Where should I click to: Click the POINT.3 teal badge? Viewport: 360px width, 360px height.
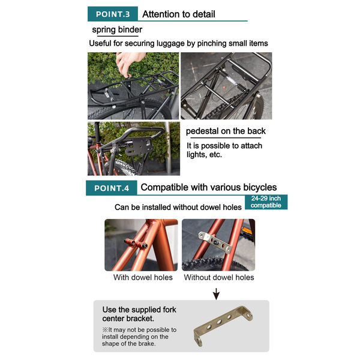pyautogui.click(x=113, y=14)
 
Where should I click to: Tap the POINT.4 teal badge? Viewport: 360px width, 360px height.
pyautogui.click(x=112, y=188)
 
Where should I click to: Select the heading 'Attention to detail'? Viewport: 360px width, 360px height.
pyautogui.click(x=179, y=14)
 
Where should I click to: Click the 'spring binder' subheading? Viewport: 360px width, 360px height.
pyautogui.click(x=117, y=30)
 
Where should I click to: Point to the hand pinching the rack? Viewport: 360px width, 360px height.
pyautogui.click(x=128, y=64)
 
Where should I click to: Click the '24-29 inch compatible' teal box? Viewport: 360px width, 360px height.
pyautogui.click(x=266, y=202)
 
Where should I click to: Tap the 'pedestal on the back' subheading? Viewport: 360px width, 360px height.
pyautogui.click(x=226, y=131)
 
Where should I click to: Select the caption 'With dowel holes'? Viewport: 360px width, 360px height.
pyautogui.click(x=143, y=277)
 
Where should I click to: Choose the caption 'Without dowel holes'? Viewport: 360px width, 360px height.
pyautogui.click(x=219, y=277)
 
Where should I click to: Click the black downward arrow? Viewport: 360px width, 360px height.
pyautogui.click(x=216, y=293)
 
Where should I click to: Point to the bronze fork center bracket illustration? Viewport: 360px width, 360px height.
pyautogui.click(x=223, y=326)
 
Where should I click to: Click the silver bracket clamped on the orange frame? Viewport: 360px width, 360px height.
pyautogui.click(x=215, y=242)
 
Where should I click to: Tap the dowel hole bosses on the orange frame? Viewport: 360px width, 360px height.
pyautogui.click(x=136, y=244)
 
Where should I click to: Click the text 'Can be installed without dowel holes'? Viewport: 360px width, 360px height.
pyautogui.click(x=178, y=207)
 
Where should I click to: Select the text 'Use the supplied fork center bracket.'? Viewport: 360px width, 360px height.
pyautogui.click(x=139, y=314)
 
